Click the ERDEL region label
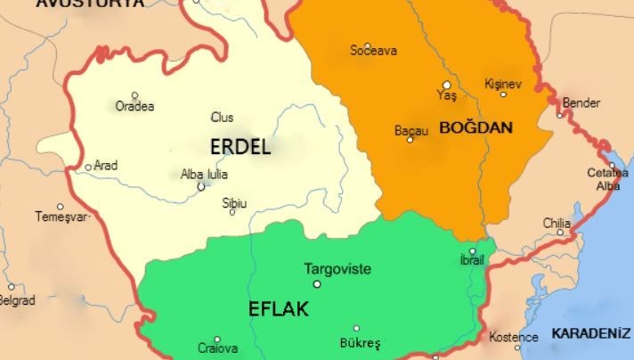[x=240, y=146]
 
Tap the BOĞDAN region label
[x=475, y=127]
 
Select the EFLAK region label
[x=279, y=309]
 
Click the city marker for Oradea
[x=135, y=95]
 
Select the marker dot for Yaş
[x=447, y=85]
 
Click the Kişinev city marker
[x=503, y=94]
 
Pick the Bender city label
[x=582, y=103]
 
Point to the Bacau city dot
[x=410, y=139]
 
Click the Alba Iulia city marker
[x=201, y=186]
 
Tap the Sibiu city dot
[x=232, y=212]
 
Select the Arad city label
[x=105, y=165]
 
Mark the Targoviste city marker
[x=317, y=284]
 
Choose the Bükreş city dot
[x=357, y=328]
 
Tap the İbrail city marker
[x=473, y=251]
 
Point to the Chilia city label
[x=557, y=223]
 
